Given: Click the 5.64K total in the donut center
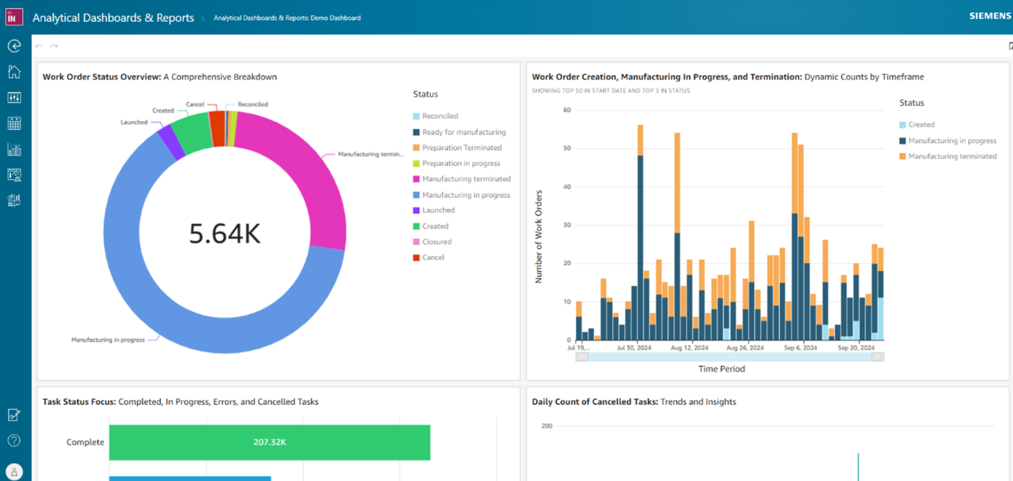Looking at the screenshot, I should (225, 233).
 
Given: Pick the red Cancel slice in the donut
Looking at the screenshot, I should (217, 129).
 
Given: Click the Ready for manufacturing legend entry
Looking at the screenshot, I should (463, 132).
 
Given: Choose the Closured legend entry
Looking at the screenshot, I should (436, 242).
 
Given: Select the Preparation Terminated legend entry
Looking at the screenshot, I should (461, 148).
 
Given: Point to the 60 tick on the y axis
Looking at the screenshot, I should (567, 110).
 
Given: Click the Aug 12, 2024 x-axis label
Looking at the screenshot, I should (689, 348).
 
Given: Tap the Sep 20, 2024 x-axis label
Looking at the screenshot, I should (856, 348).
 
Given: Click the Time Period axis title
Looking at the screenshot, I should (721, 369).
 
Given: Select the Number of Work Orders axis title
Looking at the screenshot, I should (539, 236).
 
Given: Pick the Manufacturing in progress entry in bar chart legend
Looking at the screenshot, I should (952, 141).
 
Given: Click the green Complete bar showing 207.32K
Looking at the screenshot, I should (270, 442).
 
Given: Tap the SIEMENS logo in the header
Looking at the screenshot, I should (989, 16).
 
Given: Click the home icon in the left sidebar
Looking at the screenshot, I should (14, 72).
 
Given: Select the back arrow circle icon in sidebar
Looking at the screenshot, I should (14, 46).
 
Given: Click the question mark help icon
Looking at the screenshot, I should (14, 440).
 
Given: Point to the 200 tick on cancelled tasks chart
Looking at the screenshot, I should (547, 426).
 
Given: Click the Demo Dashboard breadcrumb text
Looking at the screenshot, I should (287, 18).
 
